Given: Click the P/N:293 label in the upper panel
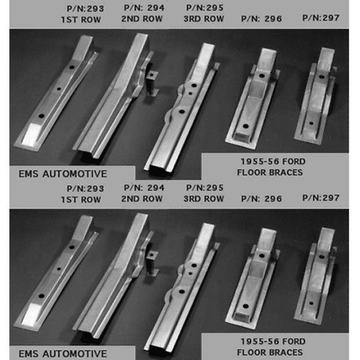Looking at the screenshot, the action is tap(86, 9).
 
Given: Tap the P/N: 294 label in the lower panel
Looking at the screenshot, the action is tap(144, 187).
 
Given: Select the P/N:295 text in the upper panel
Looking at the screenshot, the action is tap(204, 7).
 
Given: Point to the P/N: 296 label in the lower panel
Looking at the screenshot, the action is tap(261, 199).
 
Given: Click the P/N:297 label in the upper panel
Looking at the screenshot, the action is tap(321, 18).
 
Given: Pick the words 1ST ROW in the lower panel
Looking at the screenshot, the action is tap(81, 199).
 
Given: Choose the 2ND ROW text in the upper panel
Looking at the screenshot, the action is tap(142, 19).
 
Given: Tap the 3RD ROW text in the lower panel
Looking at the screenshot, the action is tap(204, 199).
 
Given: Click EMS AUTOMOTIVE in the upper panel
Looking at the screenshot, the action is tap(62, 174).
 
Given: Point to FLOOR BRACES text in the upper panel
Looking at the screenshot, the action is tap(270, 172).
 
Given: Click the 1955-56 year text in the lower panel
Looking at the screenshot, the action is tap(260, 341).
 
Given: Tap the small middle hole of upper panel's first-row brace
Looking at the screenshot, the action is tap(59, 89).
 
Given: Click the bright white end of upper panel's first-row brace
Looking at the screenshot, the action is tap(32, 134).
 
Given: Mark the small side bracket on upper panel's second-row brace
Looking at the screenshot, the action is tap(152, 83).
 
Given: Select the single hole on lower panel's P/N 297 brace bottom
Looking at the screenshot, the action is tap(311, 303).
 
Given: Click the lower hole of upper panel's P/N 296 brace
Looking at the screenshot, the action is tap(246, 126).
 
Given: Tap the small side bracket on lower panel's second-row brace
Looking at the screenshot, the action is tap(152, 263).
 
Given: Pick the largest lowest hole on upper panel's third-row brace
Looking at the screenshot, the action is tap(182, 112).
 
